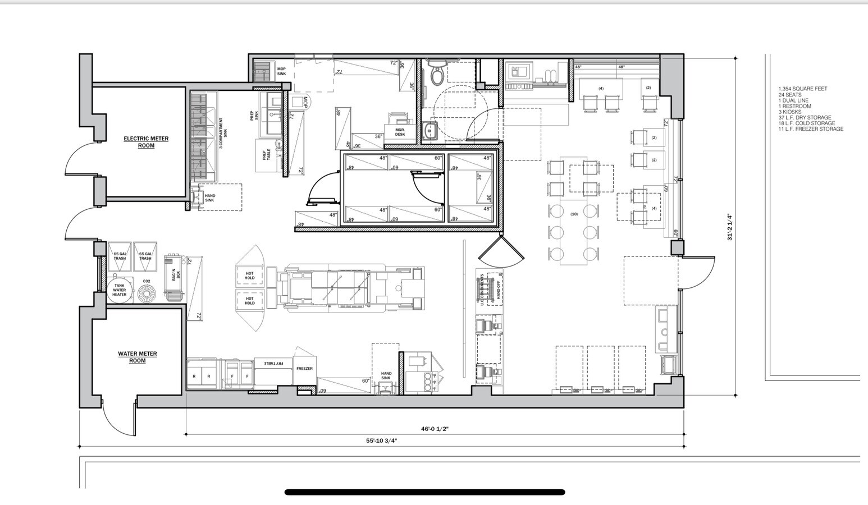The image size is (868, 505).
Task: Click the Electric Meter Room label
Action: pos(146,142)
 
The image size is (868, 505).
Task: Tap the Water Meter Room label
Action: pos(138,357)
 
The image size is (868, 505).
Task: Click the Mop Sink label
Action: pos(281,72)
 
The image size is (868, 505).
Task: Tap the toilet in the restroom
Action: pos(437,74)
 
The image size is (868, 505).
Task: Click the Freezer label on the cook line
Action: pos(304,369)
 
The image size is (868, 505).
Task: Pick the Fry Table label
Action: pos(275,364)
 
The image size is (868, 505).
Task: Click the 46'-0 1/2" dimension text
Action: pos(435,429)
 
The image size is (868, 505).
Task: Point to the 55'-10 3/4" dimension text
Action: pos(382,441)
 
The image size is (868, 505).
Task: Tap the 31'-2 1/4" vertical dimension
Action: pos(730,227)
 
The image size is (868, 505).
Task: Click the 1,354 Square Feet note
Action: pos(802,89)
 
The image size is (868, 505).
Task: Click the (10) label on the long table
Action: pos(574,214)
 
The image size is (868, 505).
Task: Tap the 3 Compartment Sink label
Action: pos(223,132)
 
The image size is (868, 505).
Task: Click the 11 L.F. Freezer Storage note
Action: pos(811,129)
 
